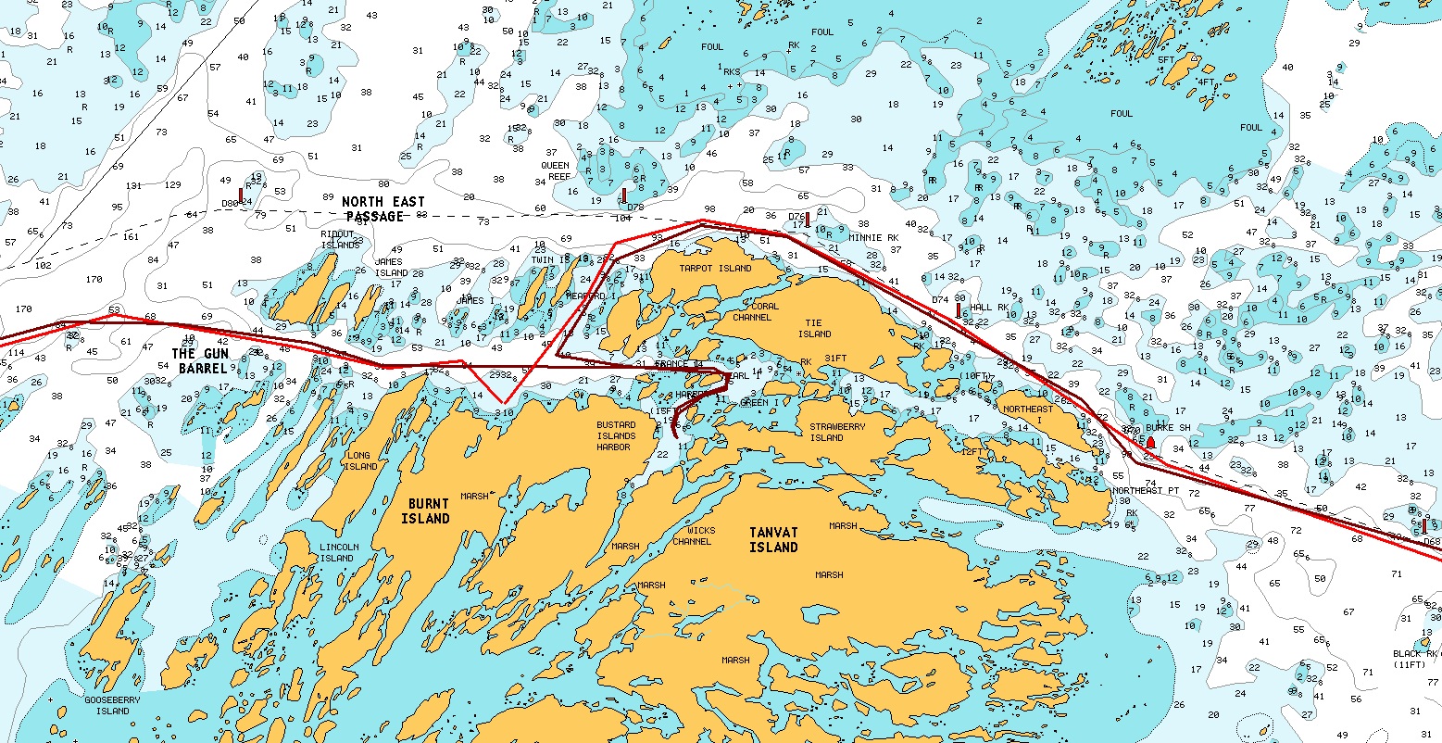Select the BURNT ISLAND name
425,510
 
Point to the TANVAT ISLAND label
773,540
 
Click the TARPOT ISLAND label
715,269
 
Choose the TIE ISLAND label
815,328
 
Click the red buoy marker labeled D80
241,195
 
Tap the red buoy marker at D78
624,195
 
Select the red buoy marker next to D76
808,219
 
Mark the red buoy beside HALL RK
959,309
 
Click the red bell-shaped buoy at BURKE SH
1151,443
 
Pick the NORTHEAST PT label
1146,490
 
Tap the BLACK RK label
1415,659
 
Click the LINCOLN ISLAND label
336,552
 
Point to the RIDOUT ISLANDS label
340,240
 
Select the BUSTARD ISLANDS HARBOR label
616,435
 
